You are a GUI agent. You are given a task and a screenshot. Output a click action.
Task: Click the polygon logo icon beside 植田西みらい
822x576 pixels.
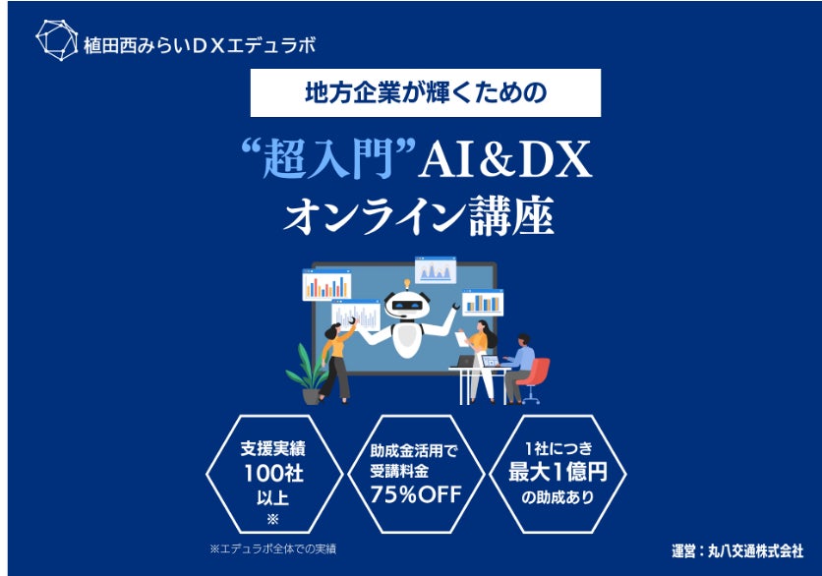(56, 40)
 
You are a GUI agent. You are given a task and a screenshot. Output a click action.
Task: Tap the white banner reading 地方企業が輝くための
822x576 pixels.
(425, 94)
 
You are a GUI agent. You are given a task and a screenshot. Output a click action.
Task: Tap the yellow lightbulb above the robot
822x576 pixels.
(405, 282)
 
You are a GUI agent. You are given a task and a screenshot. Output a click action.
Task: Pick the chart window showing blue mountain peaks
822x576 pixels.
(435, 271)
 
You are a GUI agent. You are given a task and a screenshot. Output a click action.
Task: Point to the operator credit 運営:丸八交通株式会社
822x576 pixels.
(732, 549)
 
